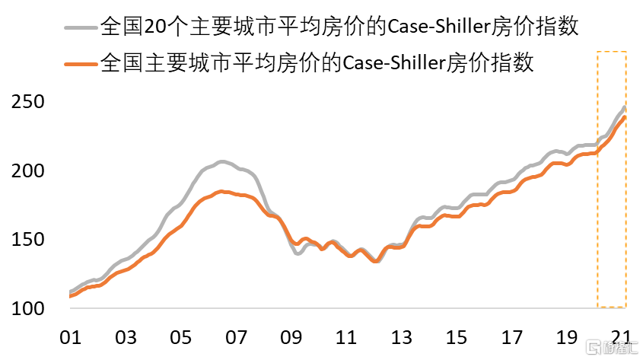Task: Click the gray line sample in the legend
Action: click(x=81, y=28)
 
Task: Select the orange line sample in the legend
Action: click(x=81, y=62)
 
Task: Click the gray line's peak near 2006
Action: click(x=221, y=161)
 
